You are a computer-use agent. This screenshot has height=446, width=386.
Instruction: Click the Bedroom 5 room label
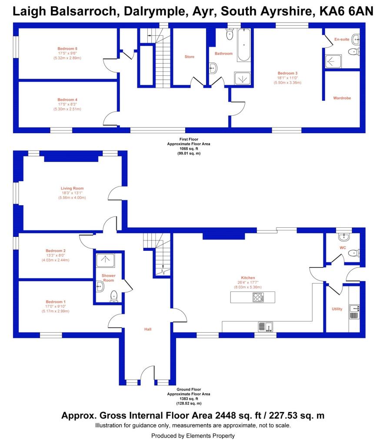(67, 48)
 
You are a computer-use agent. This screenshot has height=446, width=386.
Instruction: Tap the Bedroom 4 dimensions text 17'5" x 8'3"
(67, 104)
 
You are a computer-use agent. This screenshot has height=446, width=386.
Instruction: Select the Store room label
(190, 57)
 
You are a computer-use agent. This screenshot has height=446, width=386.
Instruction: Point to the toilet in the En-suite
(354, 52)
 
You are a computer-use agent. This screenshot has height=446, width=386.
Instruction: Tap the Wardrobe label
(342, 98)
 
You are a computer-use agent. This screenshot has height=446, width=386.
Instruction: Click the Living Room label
(72, 188)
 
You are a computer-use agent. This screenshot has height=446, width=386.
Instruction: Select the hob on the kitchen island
(258, 298)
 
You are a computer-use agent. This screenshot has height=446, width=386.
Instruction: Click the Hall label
(148, 329)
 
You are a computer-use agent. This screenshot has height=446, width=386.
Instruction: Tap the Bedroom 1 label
(56, 302)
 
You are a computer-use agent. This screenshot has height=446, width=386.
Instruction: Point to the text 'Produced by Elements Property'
(193, 436)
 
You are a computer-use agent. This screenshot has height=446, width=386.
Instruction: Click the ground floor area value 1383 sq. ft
(189, 399)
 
